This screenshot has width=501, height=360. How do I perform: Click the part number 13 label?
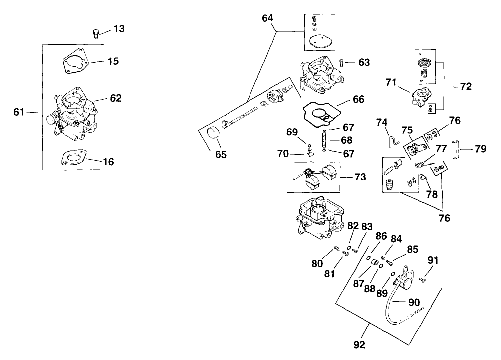tap(119, 29)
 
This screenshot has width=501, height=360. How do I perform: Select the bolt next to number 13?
tap(96, 33)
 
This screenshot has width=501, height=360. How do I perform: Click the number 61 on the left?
tap(19, 112)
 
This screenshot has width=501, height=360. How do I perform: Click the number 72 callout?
tap(465, 86)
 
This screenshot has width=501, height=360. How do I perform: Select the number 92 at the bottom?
tap(359, 344)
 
